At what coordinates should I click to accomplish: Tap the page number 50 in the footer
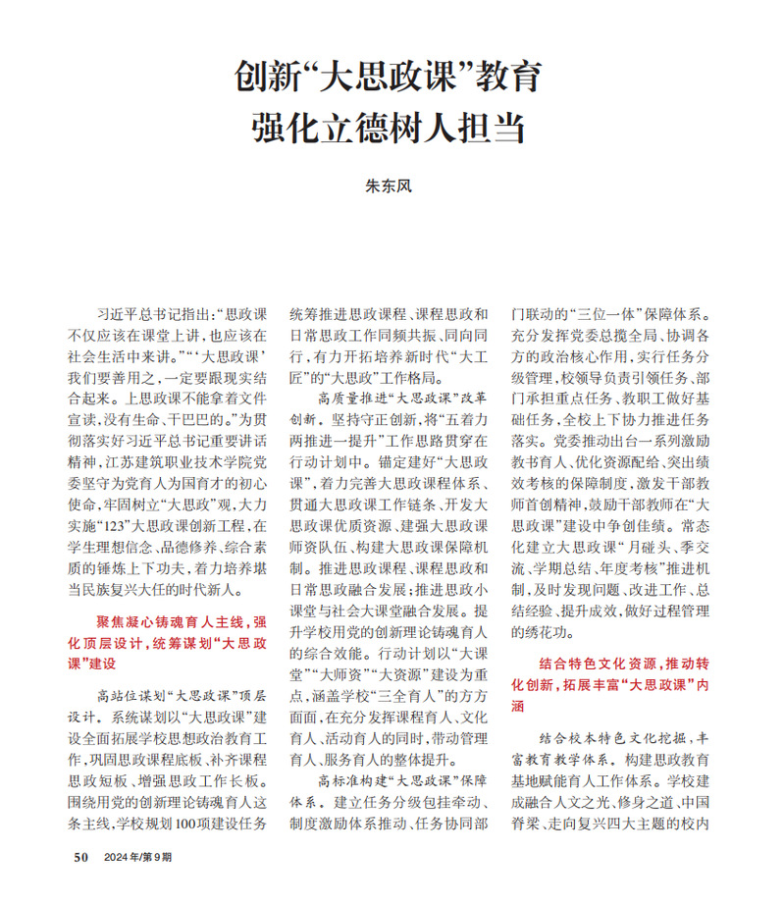(82, 857)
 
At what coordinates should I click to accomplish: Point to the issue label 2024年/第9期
(136, 857)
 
